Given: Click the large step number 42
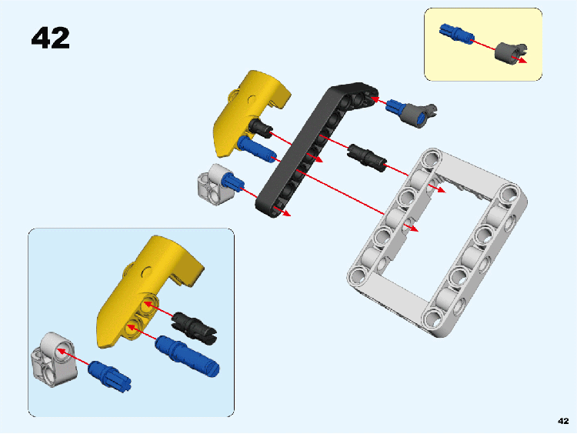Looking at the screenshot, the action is coord(51,38).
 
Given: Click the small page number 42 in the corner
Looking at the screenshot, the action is coord(563,421).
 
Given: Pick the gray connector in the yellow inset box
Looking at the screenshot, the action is coord(510,52).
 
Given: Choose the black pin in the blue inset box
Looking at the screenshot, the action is coord(194,328).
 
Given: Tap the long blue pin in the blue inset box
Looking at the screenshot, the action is coord(187,356).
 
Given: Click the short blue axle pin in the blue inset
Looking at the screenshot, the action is coord(109,376).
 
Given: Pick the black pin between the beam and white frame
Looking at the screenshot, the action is coord(366,157).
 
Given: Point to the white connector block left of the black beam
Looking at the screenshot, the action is coord(213,184).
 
